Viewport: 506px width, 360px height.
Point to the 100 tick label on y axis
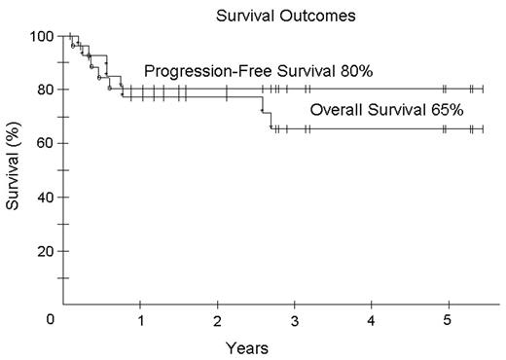[x=41, y=37]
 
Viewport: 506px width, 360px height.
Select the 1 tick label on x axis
[x=141, y=320]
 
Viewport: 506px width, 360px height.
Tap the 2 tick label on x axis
[x=218, y=320]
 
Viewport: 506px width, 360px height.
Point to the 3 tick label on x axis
[x=295, y=320]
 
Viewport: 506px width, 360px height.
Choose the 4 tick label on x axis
[x=372, y=320]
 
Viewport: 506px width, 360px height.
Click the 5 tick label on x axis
[x=448, y=320]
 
